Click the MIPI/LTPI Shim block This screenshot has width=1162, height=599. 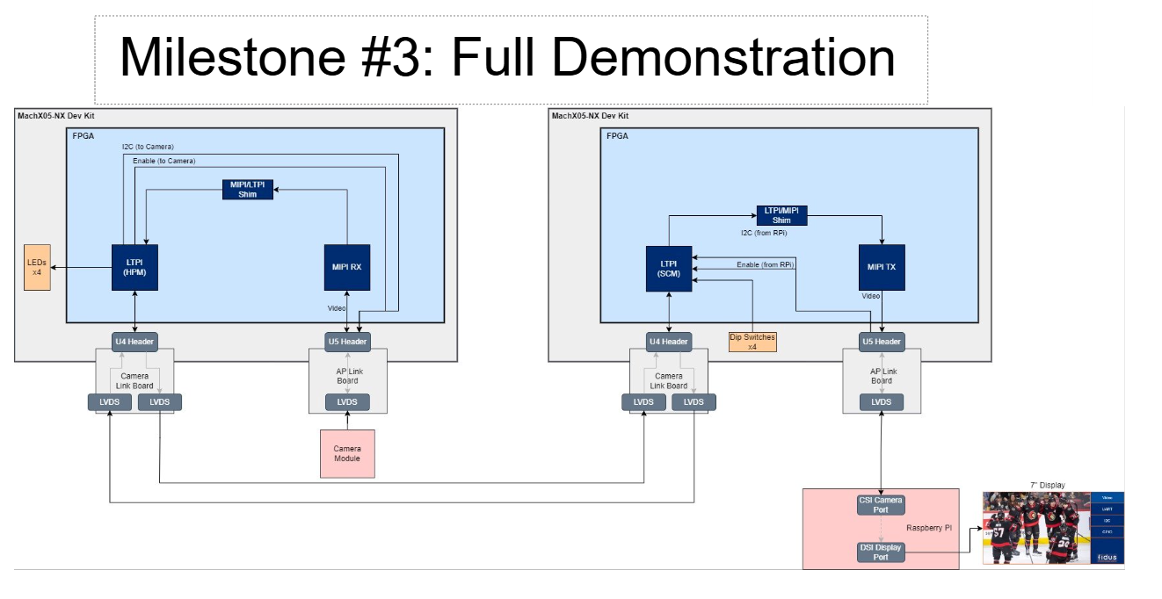247,190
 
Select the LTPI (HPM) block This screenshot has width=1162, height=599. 134,266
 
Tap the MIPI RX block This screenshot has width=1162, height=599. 347,266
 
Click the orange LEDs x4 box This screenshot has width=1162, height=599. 38,267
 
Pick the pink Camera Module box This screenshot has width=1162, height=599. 347,453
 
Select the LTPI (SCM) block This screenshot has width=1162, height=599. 669,268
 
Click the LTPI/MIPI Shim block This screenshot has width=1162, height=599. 781,215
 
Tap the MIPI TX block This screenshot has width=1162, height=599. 882,268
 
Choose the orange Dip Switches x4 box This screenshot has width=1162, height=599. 752,342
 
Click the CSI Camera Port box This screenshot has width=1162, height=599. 881,505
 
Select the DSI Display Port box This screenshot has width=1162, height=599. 881,552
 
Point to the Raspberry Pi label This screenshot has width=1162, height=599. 929,528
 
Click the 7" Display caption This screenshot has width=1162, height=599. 1047,485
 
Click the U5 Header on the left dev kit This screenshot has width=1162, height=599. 347,342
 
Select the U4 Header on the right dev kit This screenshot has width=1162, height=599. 669,342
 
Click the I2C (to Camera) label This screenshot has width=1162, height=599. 148,146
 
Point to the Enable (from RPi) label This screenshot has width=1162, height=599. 765,264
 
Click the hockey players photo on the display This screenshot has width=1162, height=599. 1035,527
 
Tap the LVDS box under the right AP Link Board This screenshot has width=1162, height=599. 881,401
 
